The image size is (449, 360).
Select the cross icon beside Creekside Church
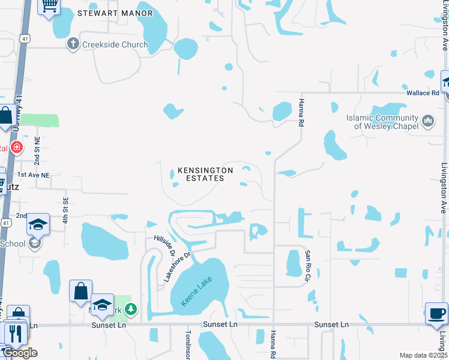point(73,44)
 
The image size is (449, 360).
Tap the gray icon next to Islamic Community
point(429,122)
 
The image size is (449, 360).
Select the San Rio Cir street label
point(307,266)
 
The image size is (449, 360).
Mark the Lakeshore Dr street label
point(178,267)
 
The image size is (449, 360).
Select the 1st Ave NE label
point(34,175)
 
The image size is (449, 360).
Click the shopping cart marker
point(49,6)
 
